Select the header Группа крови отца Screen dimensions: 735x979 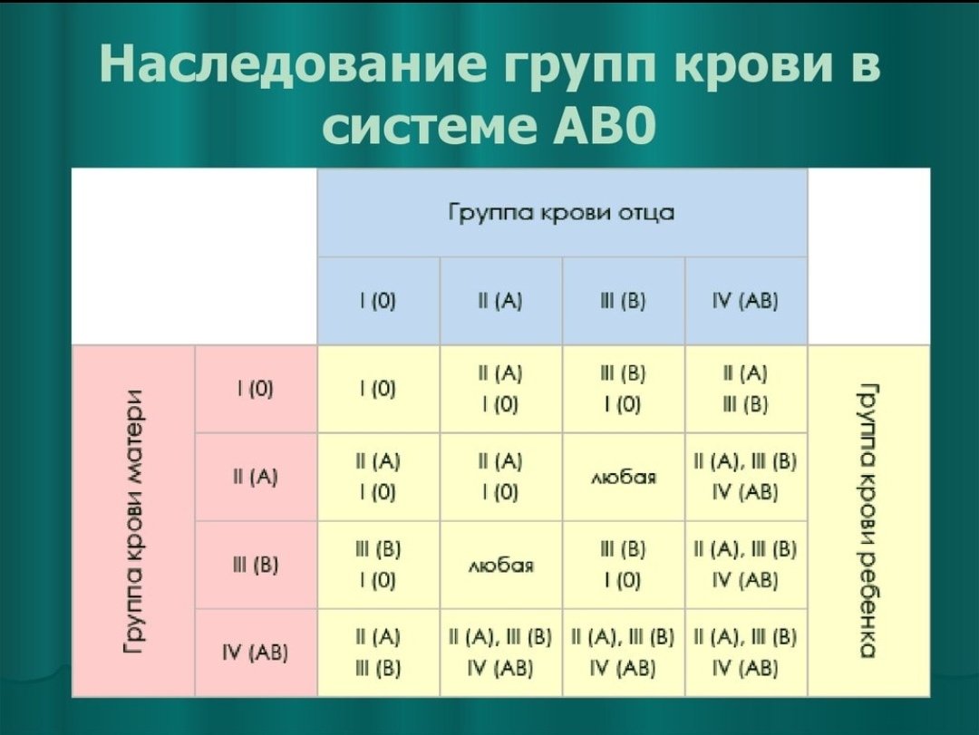[x=561, y=214]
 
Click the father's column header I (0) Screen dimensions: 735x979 [x=378, y=301]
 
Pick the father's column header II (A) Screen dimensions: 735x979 [x=500, y=301]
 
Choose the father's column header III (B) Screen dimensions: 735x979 [x=623, y=301]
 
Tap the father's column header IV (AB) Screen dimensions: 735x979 [x=745, y=301]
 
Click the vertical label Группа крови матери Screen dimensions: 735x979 [x=133, y=521]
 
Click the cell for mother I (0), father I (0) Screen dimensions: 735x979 [x=378, y=389]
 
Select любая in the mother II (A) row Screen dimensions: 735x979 [x=623, y=477]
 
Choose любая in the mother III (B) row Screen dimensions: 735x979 [x=500, y=566]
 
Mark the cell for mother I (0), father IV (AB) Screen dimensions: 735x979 [x=745, y=389]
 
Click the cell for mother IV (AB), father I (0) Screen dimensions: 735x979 [x=378, y=653]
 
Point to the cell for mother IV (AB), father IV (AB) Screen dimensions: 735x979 [x=745, y=653]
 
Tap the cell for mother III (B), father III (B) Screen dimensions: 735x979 [x=623, y=565]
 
